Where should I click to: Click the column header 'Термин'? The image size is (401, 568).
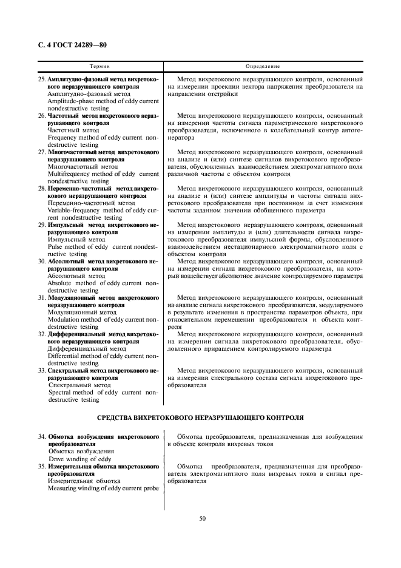tap(99, 66)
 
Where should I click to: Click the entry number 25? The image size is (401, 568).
tap(42, 79)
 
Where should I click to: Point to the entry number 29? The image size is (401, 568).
tap(42, 225)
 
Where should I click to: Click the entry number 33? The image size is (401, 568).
tap(42, 370)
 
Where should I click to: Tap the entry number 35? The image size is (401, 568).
tap(42, 465)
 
